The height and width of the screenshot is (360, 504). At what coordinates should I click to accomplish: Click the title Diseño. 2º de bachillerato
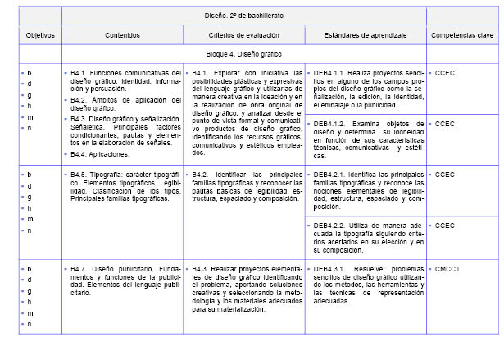245,15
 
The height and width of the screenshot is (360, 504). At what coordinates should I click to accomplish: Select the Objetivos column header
40,35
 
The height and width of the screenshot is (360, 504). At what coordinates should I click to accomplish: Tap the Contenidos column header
122,35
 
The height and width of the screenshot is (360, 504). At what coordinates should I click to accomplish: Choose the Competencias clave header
462,35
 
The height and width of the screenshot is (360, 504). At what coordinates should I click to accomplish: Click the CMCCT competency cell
449,268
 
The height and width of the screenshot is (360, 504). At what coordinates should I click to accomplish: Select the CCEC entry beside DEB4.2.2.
446,225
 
